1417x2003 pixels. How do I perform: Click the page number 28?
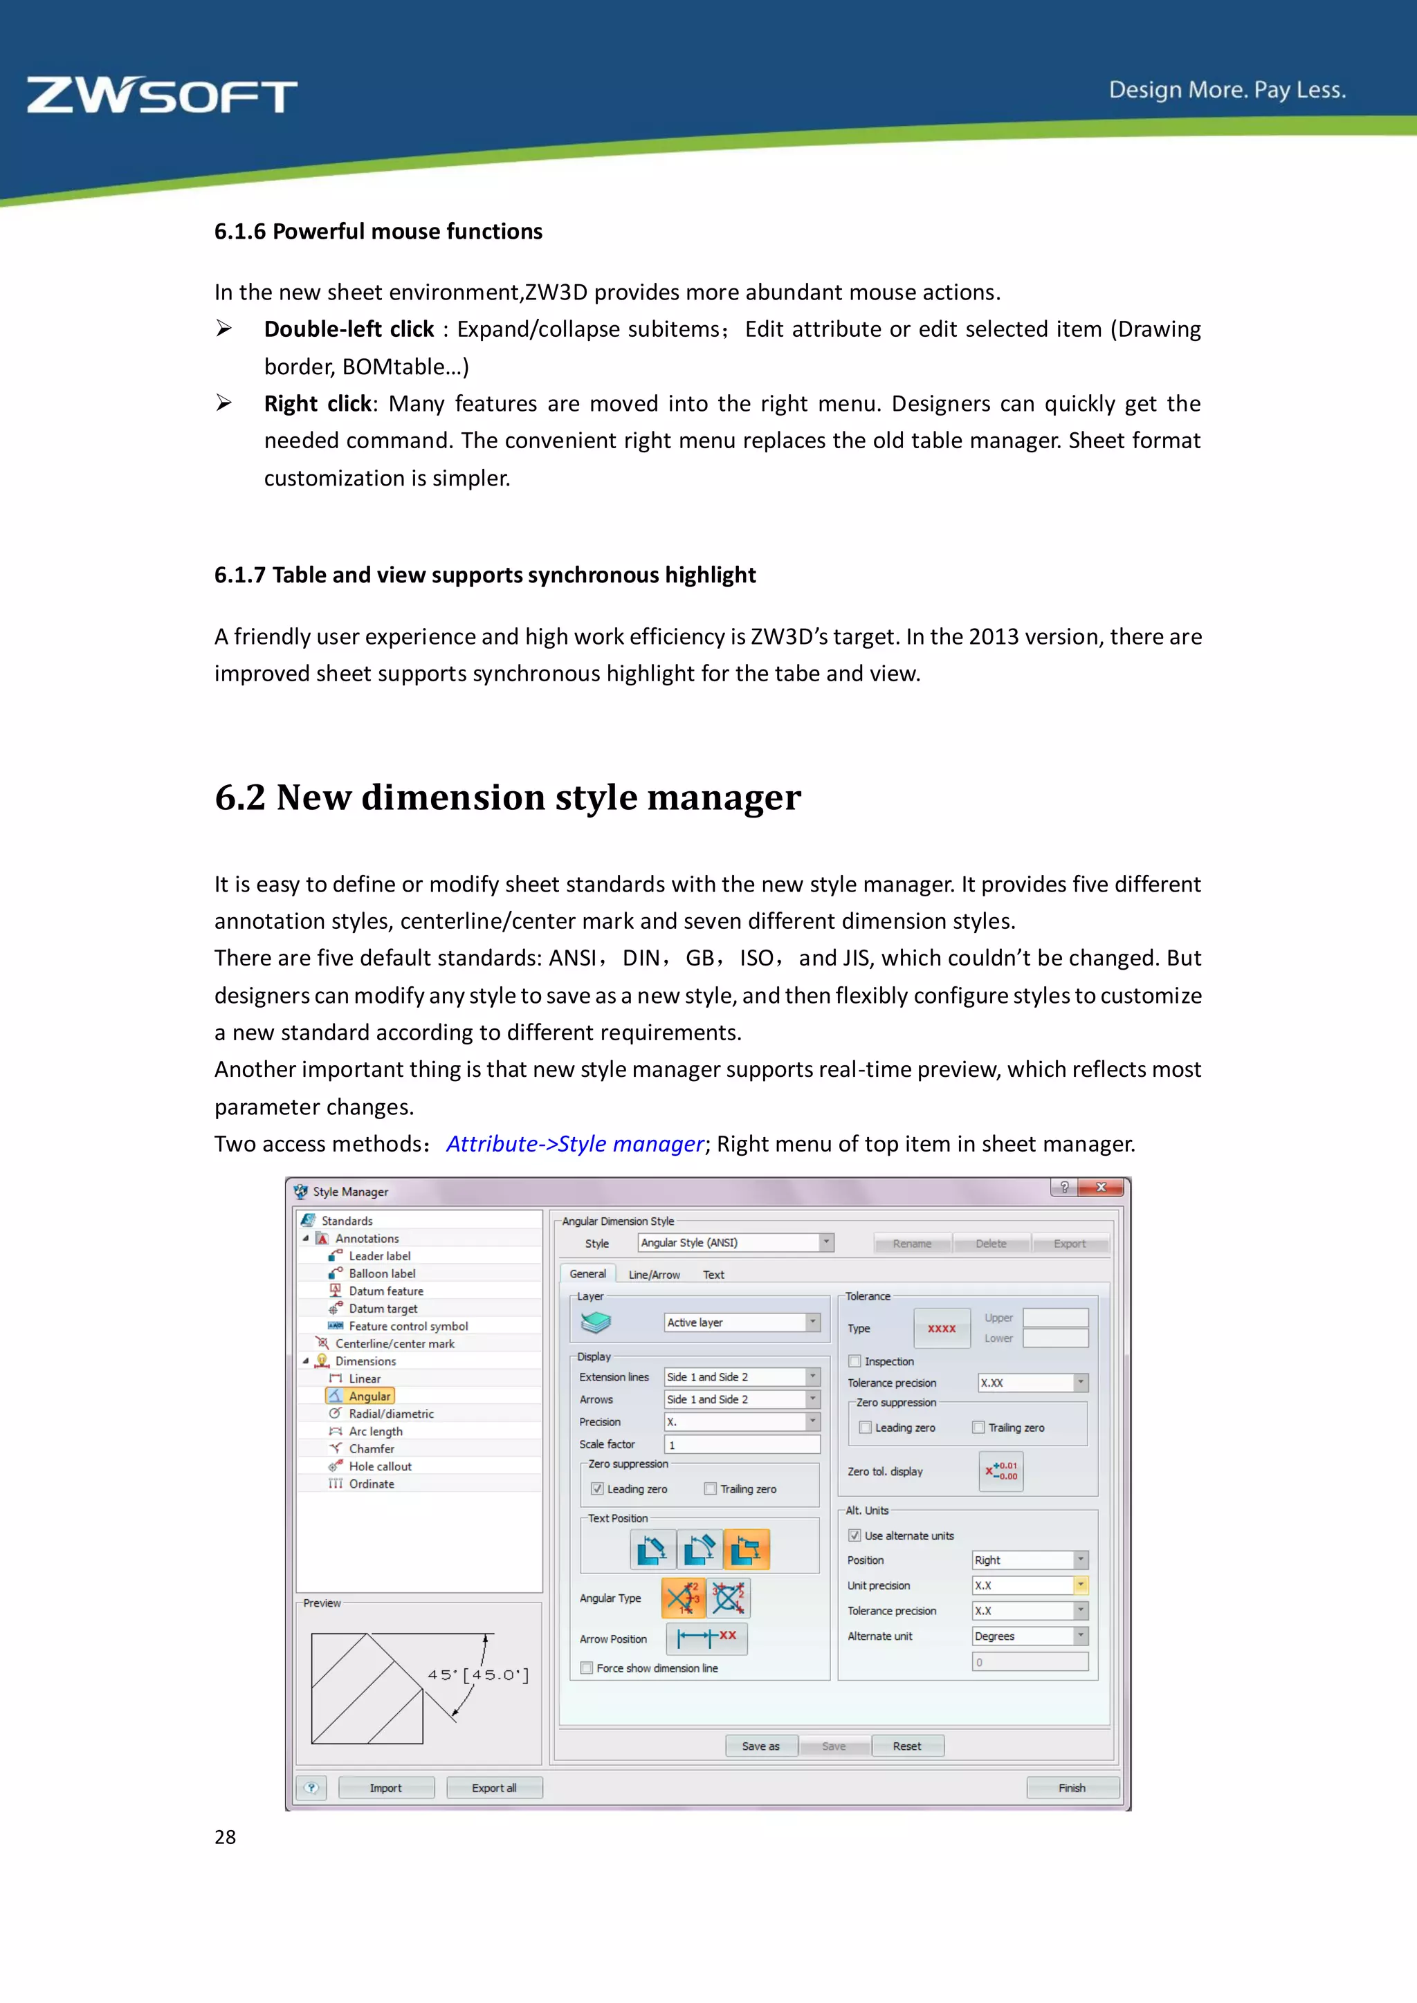(225, 1836)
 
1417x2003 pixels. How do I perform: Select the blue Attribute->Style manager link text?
(575, 1144)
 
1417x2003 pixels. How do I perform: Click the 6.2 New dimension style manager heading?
(508, 797)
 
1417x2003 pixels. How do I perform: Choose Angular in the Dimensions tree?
(369, 1396)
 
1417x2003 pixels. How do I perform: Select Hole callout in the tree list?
(380, 1466)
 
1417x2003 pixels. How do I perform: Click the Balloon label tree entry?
(381, 1274)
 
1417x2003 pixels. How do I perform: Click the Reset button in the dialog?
(906, 1746)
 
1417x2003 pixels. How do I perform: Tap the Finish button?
(1072, 1787)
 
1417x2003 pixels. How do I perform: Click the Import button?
(385, 1787)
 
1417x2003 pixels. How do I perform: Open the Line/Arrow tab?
(654, 1275)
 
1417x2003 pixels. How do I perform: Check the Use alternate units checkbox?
(855, 1535)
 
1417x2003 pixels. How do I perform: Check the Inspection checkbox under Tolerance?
(855, 1361)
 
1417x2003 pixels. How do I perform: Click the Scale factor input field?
(742, 1445)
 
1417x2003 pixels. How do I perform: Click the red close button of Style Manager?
(1101, 1188)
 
